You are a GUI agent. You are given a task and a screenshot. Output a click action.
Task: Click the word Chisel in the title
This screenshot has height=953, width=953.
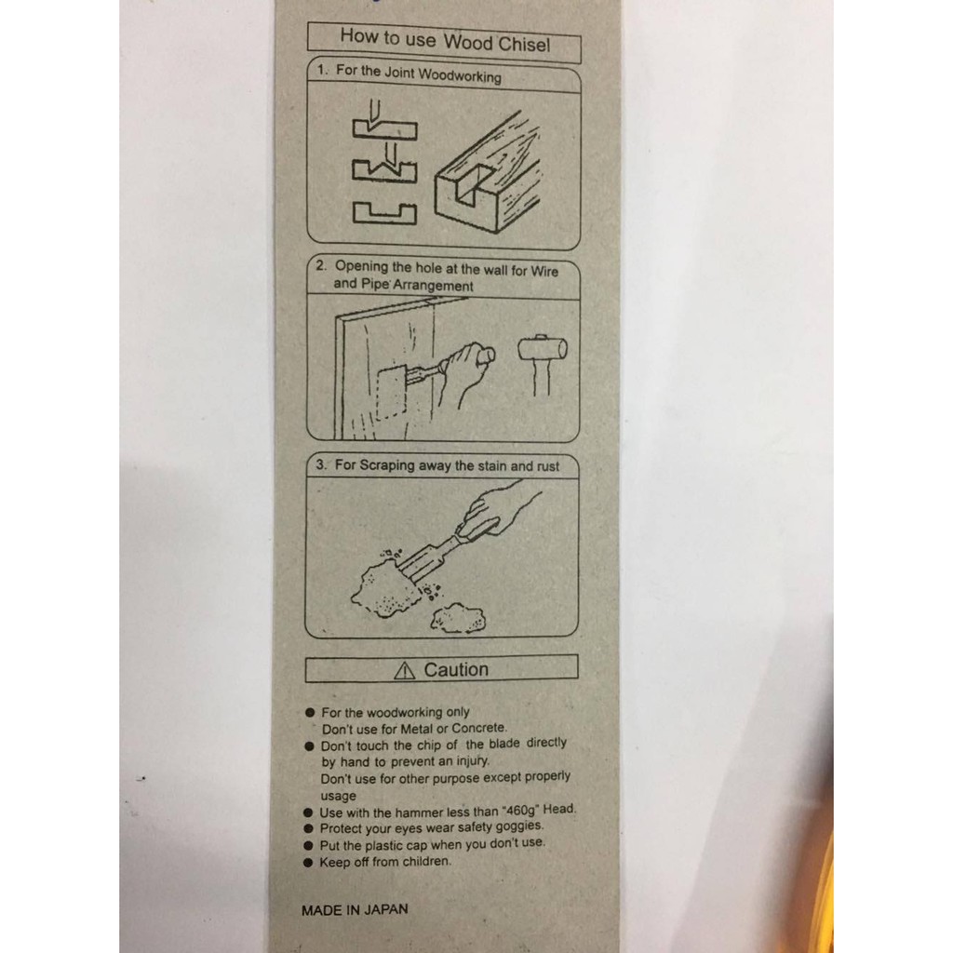point(524,45)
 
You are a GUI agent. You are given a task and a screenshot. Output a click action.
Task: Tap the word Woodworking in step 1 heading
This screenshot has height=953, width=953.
point(460,76)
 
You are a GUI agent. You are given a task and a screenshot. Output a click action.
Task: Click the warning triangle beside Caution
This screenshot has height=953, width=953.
point(404,670)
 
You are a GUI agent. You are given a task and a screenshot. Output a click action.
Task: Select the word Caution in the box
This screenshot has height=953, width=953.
point(456,670)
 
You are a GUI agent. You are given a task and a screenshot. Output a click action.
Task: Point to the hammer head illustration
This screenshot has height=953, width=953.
point(543,348)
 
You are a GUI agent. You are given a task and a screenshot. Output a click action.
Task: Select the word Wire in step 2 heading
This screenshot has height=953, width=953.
point(544,272)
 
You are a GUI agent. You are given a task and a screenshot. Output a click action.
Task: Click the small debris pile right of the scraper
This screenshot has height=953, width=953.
point(458,618)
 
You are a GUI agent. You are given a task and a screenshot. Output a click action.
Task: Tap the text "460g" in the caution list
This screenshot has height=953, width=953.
point(521,811)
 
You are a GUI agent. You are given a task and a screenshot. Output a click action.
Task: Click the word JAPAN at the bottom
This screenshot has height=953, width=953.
point(385,910)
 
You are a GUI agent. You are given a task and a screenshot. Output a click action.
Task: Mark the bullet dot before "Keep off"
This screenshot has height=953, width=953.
point(308,863)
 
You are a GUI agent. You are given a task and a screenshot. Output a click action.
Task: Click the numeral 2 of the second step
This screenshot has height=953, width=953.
point(320,265)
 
